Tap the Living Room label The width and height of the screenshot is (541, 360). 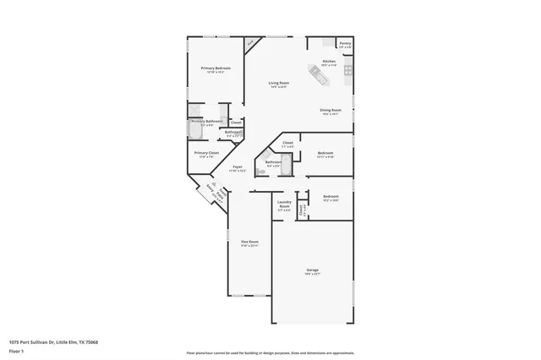[279, 83]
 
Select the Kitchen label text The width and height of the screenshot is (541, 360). [330, 62]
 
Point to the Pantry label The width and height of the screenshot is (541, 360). [345, 43]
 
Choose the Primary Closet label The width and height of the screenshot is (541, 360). [206, 153]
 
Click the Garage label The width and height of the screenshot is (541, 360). [312, 271]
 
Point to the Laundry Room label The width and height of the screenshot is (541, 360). [284, 205]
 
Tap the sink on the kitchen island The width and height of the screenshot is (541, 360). [322, 77]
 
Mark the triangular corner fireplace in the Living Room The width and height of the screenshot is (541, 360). [251, 43]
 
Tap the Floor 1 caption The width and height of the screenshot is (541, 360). [17, 350]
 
